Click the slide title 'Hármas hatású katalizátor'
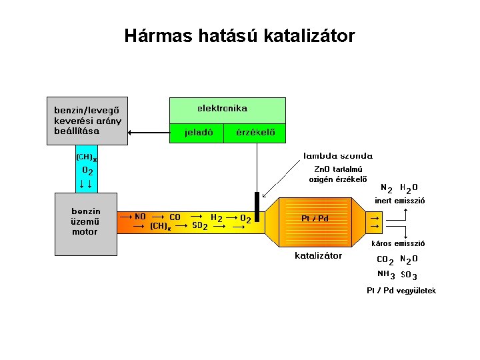point(239,35)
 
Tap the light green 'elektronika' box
point(227,109)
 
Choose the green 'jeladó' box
point(199,133)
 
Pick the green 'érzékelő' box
point(255,133)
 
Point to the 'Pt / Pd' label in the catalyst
point(315,218)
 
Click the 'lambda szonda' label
point(338,155)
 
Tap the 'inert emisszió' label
point(400,200)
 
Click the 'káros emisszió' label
point(401,244)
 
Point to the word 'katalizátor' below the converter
point(318,255)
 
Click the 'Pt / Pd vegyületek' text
point(401,291)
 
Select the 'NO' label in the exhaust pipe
point(140,217)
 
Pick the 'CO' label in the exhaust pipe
point(175,217)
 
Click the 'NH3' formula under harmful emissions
point(385,274)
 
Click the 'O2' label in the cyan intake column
point(87,171)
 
